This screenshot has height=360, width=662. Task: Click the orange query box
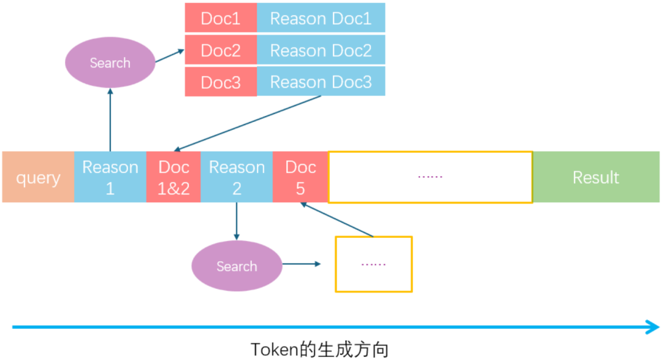point(38,177)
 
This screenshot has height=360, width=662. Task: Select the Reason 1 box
point(110,177)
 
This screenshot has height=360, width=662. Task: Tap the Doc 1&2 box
point(173,177)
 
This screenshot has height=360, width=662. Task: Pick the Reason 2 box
point(237,177)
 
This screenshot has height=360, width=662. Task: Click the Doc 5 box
point(300,177)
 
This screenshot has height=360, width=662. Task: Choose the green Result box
point(595,177)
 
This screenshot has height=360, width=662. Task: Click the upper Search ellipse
point(110,63)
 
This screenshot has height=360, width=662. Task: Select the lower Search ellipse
point(237,266)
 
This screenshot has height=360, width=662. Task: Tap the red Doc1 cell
point(221,18)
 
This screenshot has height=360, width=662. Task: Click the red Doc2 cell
point(221,50)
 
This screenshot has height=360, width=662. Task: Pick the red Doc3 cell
point(221,82)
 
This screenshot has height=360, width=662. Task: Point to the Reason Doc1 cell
point(321,18)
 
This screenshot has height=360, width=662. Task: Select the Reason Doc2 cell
point(321,50)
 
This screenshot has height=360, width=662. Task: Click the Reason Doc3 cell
point(321,82)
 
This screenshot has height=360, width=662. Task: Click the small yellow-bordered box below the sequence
point(373,264)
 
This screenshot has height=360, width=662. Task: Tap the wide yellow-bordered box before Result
point(430,177)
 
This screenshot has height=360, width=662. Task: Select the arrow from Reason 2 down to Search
point(237,221)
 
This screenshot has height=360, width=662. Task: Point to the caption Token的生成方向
point(319,349)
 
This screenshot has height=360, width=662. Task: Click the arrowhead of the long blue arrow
point(653,328)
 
